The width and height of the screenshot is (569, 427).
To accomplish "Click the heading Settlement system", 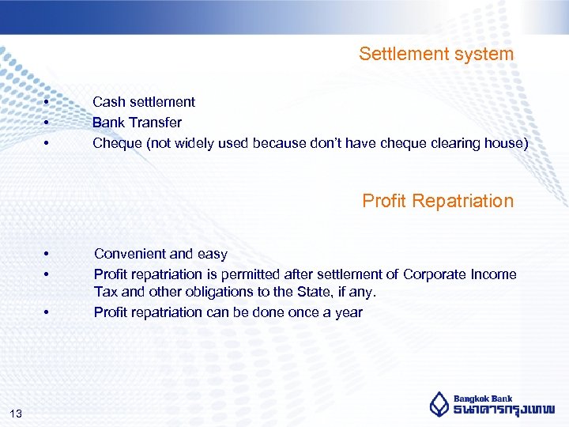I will pos(435,54).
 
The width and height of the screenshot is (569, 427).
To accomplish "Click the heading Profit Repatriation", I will pos(437,201).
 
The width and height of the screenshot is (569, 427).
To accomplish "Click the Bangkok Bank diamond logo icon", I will pos(439,404).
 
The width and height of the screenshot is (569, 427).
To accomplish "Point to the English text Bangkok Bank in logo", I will pos(483,399).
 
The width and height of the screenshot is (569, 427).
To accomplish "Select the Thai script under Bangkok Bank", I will pos(503,410).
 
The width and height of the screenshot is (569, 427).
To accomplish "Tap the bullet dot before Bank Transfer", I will pos(47,123).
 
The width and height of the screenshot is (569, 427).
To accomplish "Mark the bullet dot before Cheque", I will pos(47,144).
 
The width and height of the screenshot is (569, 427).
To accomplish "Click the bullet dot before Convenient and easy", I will pos(47,255).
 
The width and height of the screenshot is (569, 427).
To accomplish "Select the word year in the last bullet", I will pos(347,312).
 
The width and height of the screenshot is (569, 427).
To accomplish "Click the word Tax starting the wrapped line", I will pos(105,293).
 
